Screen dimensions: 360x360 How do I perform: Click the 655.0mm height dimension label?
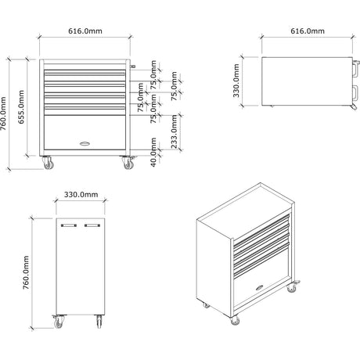pyautogui.click(x=21, y=106)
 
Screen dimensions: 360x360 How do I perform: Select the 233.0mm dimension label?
pyautogui.click(x=174, y=131)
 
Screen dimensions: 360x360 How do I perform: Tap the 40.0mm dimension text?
pyautogui.click(x=153, y=153)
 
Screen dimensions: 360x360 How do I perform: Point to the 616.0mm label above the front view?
pyautogui.click(x=85, y=31)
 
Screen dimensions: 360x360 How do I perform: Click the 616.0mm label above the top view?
pyautogui.click(x=308, y=31)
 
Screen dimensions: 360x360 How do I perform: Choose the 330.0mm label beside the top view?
pyautogui.click(x=236, y=81)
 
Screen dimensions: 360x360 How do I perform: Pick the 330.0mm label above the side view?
pyautogui.click(x=81, y=195)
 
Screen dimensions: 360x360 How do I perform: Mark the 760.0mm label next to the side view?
pyautogui.click(x=26, y=272)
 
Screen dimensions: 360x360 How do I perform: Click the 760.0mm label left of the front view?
pyautogui.click(x=3, y=113)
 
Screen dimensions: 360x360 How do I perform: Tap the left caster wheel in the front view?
pyautogui.click(x=49, y=163)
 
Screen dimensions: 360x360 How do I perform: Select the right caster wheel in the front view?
pyautogui.click(x=128, y=163)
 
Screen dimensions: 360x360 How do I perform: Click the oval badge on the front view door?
pyautogui.click(x=85, y=143)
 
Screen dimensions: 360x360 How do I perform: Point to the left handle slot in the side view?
pyautogui.click(x=69, y=225)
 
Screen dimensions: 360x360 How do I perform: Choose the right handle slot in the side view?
pyautogui.click(x=92, y=225)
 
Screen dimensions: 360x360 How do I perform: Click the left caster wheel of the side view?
pyautogui.click(x=59, y=322)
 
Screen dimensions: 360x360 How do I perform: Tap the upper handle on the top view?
pyautogui.click(x=356, y=69)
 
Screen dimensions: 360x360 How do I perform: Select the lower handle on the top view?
pyautogui.click(x=356, y=93)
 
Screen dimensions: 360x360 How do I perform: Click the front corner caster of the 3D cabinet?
pyautogui.click(x=236, y=321)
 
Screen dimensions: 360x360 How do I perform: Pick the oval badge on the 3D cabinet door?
pyautogui.click(x=260, y=288)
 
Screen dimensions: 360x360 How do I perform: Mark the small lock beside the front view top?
pyautogui.click(x=133, y=67)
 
